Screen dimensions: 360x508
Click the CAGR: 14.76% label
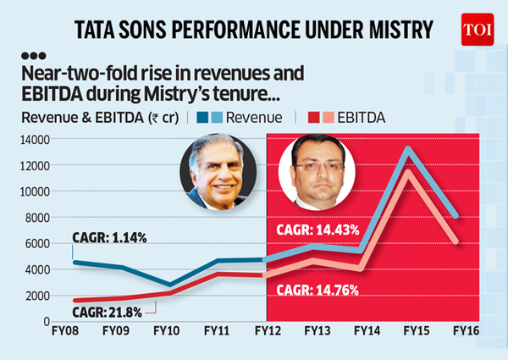(318, 291)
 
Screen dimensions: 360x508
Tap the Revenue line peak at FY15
(410, 150)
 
